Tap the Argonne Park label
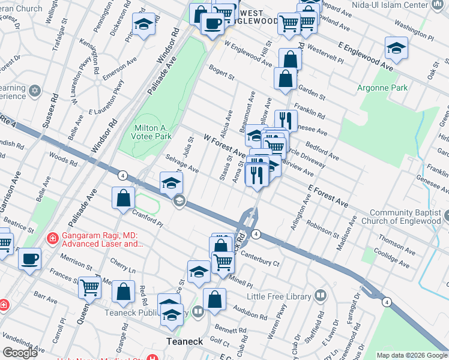point(383,88)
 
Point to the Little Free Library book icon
point(321,296)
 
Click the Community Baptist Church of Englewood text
point(408,218)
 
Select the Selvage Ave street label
point(181,163)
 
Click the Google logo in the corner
point(20,353)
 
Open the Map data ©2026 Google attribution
point(411,355)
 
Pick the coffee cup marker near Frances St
point(29,259)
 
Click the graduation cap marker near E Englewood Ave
point(397,49)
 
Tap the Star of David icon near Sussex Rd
point(35,91)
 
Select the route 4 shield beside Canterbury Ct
point(256,234)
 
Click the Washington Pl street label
point(418,28)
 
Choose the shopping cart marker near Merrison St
point(89,287)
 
